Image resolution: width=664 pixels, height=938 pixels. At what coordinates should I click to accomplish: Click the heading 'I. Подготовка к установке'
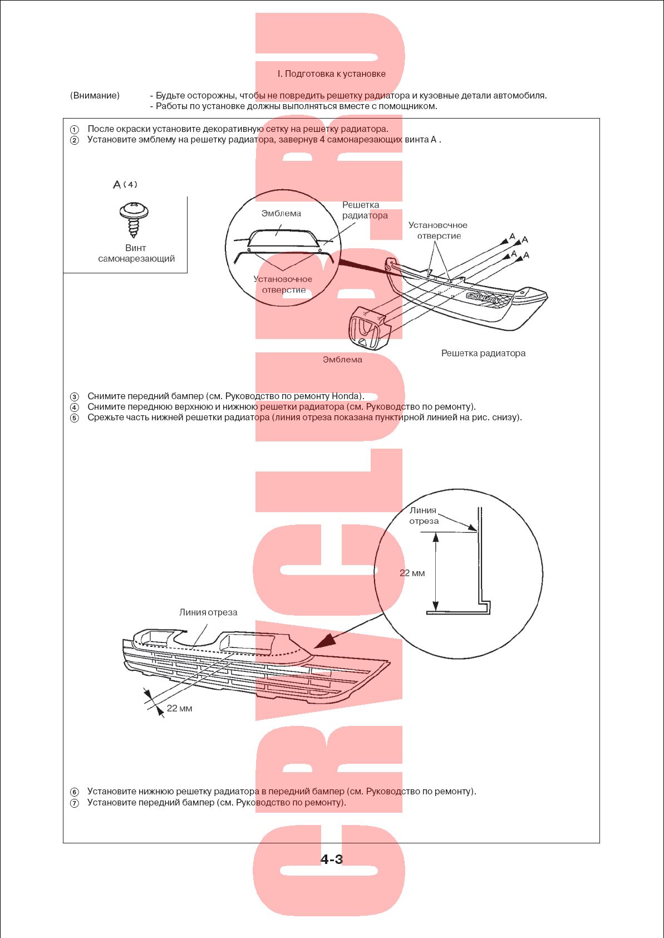(331, 73)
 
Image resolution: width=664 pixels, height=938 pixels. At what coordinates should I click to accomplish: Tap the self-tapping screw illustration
(134, 219)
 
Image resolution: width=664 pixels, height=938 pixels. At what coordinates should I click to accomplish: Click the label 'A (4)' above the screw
(125, 184)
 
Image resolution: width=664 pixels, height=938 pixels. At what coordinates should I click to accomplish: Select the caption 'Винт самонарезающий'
(136, 253)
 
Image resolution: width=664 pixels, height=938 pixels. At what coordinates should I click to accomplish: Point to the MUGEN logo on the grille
(483, 298)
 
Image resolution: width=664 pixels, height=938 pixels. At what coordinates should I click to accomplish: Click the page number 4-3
(332, 859)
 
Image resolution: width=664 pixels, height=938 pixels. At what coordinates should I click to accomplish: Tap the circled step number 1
(74, 129)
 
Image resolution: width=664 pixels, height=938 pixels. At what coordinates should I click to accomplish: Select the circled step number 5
(74, 418)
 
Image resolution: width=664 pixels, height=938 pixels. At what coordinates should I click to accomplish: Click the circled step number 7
(74, 803)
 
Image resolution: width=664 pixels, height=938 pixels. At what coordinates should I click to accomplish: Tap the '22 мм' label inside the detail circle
(412, 573)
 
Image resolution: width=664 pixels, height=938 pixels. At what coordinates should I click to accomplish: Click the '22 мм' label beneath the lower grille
(179, 708)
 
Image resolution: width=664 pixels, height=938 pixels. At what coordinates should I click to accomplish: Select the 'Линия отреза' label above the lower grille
(208, 612)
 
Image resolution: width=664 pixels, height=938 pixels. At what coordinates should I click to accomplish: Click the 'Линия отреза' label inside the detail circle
(424, 515)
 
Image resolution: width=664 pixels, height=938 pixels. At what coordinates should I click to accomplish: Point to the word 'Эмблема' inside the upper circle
(281, 213)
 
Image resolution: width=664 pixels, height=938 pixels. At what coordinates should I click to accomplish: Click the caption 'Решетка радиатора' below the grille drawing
(483, 353)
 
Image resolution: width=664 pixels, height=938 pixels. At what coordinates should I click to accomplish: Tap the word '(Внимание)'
(95, 96)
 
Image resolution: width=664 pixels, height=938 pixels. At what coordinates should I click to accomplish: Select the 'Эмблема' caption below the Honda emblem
(342, 359)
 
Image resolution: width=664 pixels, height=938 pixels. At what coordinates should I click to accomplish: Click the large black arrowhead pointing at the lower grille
(323, 640)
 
